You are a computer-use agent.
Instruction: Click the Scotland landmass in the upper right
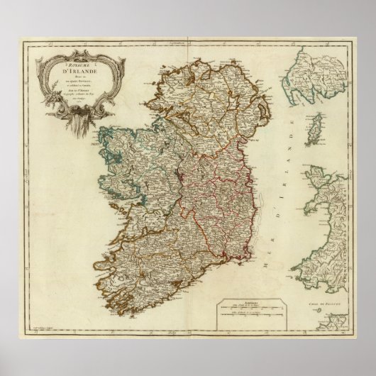[316, 78]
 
